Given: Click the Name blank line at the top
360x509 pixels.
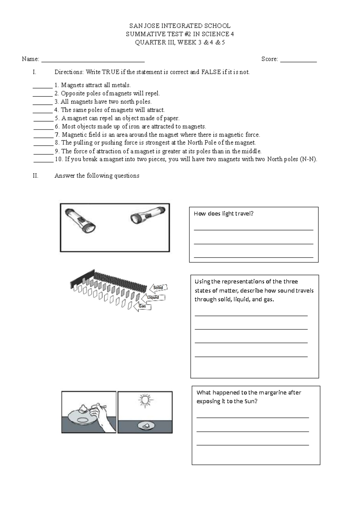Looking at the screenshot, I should (93, 61).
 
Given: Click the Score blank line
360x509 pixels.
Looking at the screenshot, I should (298, 61).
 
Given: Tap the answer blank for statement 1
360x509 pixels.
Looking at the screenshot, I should (43, 87).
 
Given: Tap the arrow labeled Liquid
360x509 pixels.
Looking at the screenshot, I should (155, 297).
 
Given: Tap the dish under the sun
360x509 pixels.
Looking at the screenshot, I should (145, 425).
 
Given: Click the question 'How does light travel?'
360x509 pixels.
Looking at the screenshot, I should (223, 214).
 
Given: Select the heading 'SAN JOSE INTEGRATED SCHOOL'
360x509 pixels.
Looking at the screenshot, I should (180, 26).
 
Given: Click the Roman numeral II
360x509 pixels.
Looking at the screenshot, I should (35, 176).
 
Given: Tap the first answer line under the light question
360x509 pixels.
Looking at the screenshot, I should (253, 229).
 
